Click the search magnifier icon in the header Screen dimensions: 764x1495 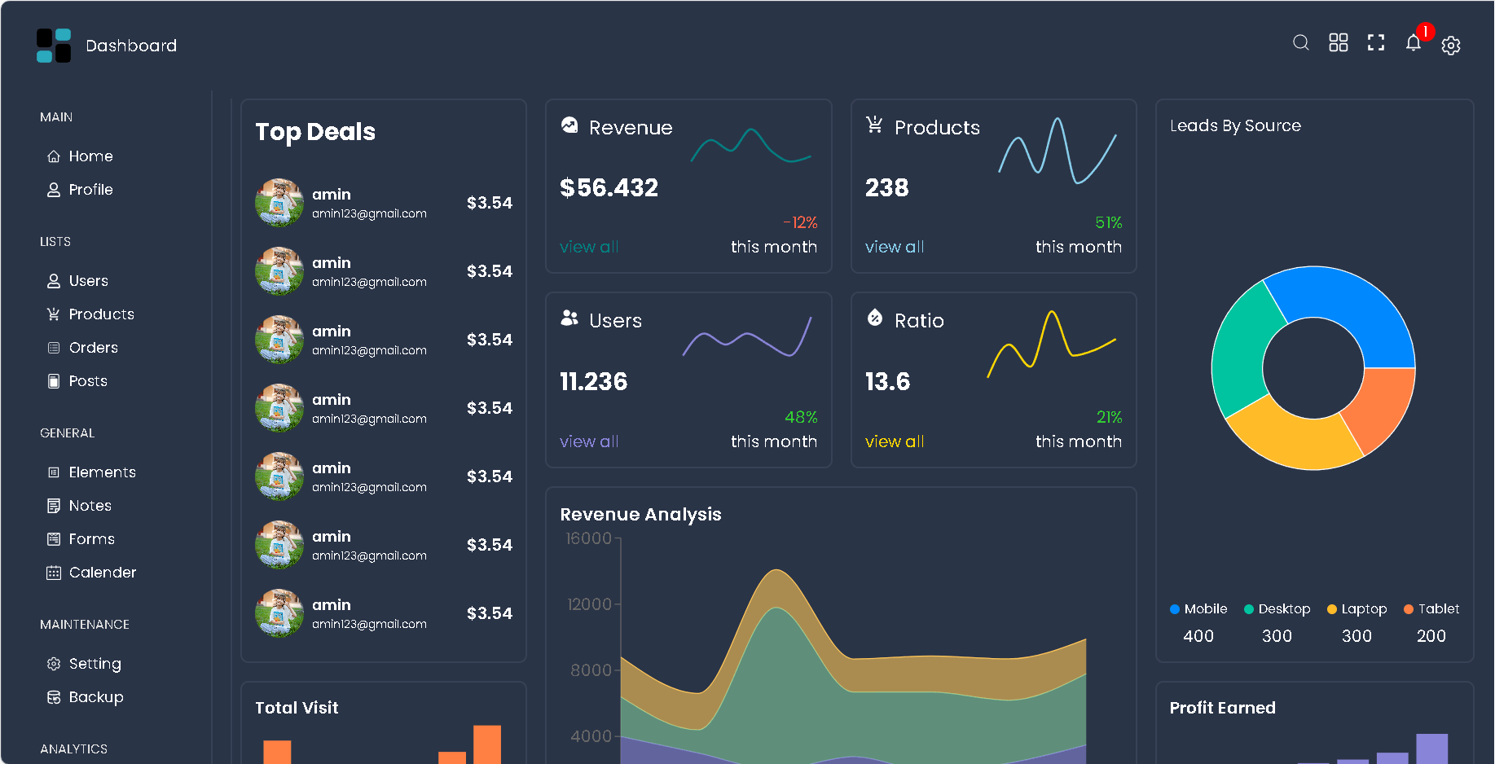coord(1300,42)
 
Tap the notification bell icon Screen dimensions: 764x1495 coord(1413,43)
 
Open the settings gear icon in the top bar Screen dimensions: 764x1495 coord(1450,46)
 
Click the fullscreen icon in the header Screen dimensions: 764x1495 coord(1375,42)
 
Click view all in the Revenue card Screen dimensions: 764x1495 coord(588,247)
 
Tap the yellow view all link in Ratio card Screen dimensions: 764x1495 coord(894,441)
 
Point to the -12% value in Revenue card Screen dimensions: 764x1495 coord(800,222)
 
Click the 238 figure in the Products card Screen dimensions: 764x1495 coord(886,188)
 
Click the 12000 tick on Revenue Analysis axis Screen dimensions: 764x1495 coord(589,604)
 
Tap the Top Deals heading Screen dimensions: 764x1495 coord(315,132)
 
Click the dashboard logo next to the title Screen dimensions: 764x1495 coord(54,46)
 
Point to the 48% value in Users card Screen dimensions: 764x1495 coord(800,417)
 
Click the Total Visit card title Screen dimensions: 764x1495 coord(297,708)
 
